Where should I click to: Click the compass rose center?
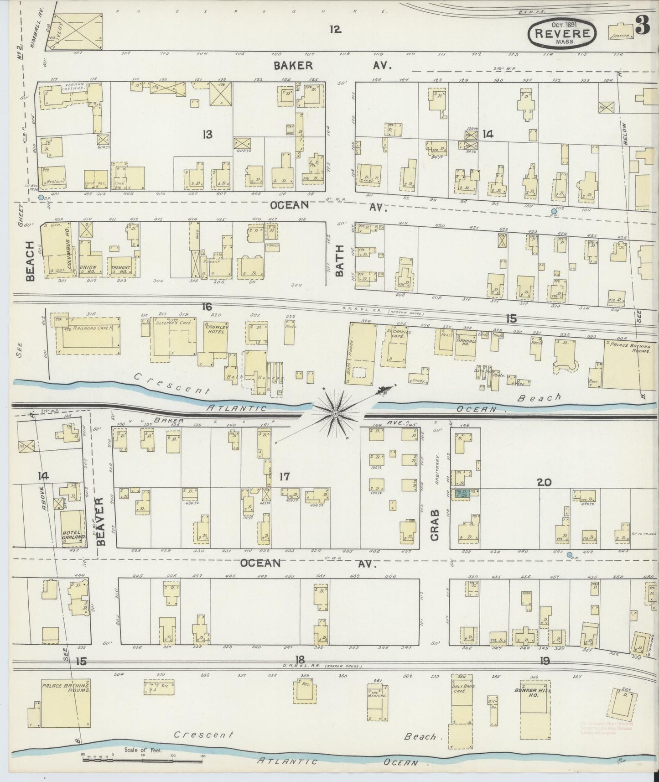[335, 413]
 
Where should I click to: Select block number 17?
[284, 477]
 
